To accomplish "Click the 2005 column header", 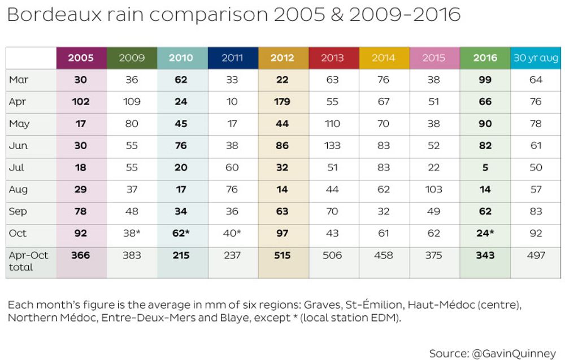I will click(81, 58).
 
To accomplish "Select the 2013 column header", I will click(333, 58).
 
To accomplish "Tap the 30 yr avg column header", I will click(536, 58).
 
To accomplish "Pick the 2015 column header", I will click(434, 58).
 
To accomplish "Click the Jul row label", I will click(18, 167).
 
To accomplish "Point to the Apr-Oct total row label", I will click(28, 261).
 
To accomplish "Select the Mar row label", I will click(19, 80).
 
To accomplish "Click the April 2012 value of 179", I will click(282, 102).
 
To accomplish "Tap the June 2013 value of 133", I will click(332, 146).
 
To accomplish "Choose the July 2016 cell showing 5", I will click(485, 167).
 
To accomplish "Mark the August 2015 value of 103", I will click(434, 189).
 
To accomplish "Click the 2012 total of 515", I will click(282, 255).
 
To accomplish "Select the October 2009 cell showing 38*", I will click(133, 233).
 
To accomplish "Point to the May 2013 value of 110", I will click(332, 124).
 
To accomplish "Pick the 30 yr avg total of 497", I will click(536, 255).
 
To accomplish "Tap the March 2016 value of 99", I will click(485, 80).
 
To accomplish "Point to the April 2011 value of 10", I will click(232, 102).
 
